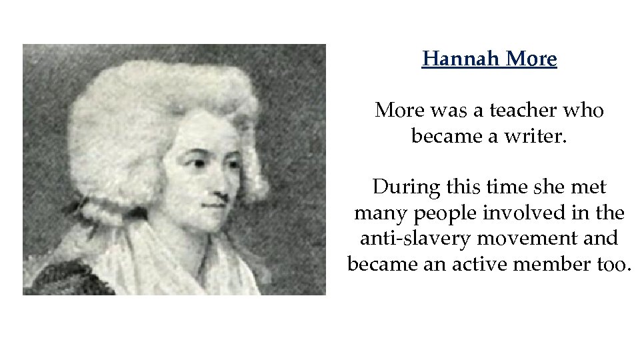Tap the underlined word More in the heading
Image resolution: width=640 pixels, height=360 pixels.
coord(531,59)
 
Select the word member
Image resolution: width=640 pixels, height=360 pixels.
coord(553,264)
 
